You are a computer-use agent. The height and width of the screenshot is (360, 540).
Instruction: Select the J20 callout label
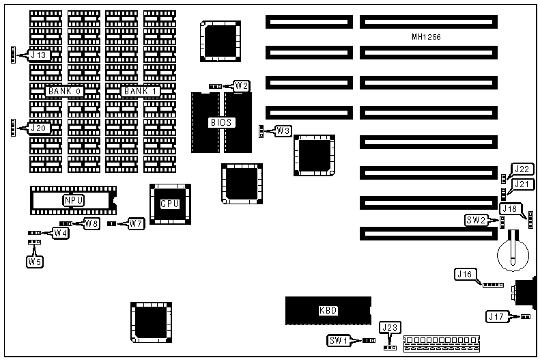37,127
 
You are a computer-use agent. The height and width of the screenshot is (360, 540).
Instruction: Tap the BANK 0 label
65,91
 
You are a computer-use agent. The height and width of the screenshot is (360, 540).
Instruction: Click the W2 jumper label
241,85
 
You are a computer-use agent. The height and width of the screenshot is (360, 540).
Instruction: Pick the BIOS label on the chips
222,123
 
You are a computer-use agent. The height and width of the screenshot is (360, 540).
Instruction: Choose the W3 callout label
283,130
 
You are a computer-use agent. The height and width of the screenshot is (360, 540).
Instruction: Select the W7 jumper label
136,223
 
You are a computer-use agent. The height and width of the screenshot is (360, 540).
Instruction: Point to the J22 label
522,169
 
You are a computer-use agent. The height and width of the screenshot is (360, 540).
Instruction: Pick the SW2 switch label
476,220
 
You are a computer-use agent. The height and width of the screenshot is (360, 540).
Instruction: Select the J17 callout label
496,316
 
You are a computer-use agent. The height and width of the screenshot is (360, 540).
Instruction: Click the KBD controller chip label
328,310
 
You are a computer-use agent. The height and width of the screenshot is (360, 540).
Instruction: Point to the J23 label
390,328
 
